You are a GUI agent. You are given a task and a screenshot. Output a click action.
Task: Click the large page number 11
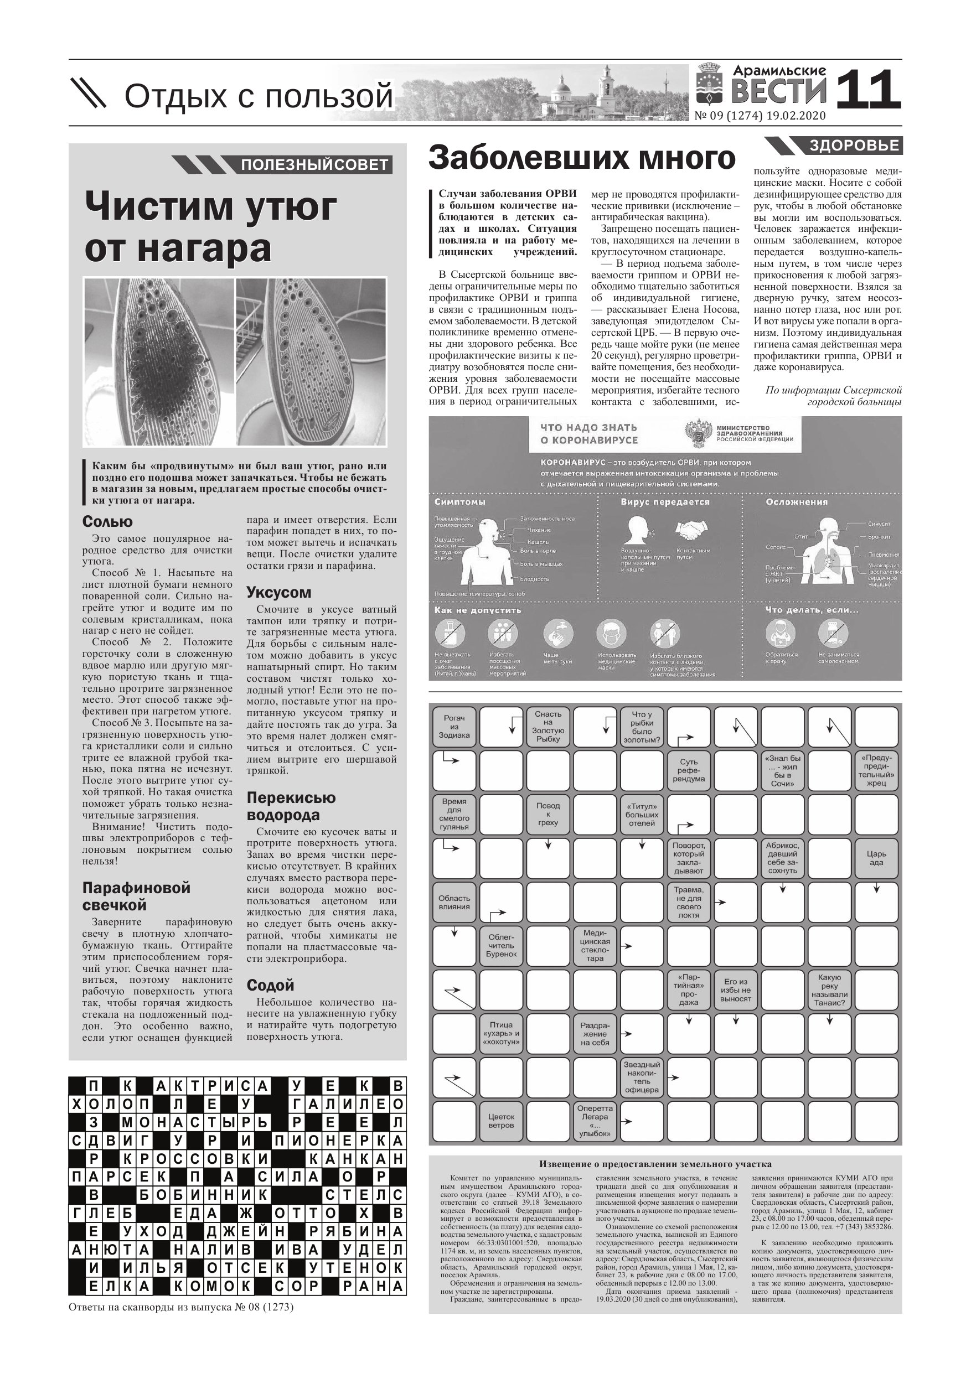pos(867,90)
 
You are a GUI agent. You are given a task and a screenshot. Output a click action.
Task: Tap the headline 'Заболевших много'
pos(581,158)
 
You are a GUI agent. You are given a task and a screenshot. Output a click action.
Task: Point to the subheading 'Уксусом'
pos(279,593)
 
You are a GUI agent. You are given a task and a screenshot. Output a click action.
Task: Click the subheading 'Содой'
pos(270,985)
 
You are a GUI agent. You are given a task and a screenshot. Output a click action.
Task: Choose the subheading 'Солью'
pos(108,521)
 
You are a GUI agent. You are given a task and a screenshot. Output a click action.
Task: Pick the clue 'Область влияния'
pos(454,903)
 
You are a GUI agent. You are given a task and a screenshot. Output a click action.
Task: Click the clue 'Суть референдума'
pos(689,770)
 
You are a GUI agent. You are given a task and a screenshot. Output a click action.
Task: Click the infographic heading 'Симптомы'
pos(459,502)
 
